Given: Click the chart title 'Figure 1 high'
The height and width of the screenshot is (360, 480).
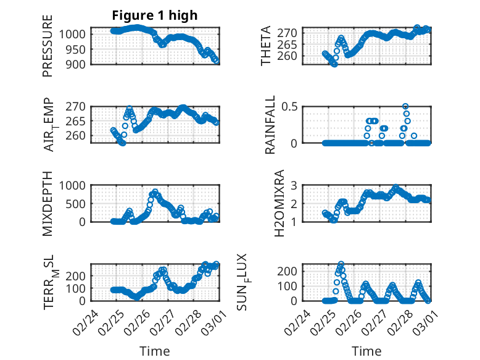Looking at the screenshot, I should [154, 15].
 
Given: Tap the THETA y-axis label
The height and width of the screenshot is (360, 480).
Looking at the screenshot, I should [266, 46].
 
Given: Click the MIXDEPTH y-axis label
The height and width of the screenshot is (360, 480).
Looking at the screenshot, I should [48, 203].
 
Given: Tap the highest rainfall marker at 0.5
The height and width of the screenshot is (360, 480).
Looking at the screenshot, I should [405, 106].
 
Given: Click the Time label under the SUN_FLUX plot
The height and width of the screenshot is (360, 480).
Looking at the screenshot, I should [366, 351].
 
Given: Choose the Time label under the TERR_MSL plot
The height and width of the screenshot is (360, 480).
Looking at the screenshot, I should [154, 351].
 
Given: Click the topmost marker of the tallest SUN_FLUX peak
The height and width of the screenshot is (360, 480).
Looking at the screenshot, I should [341, 264].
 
